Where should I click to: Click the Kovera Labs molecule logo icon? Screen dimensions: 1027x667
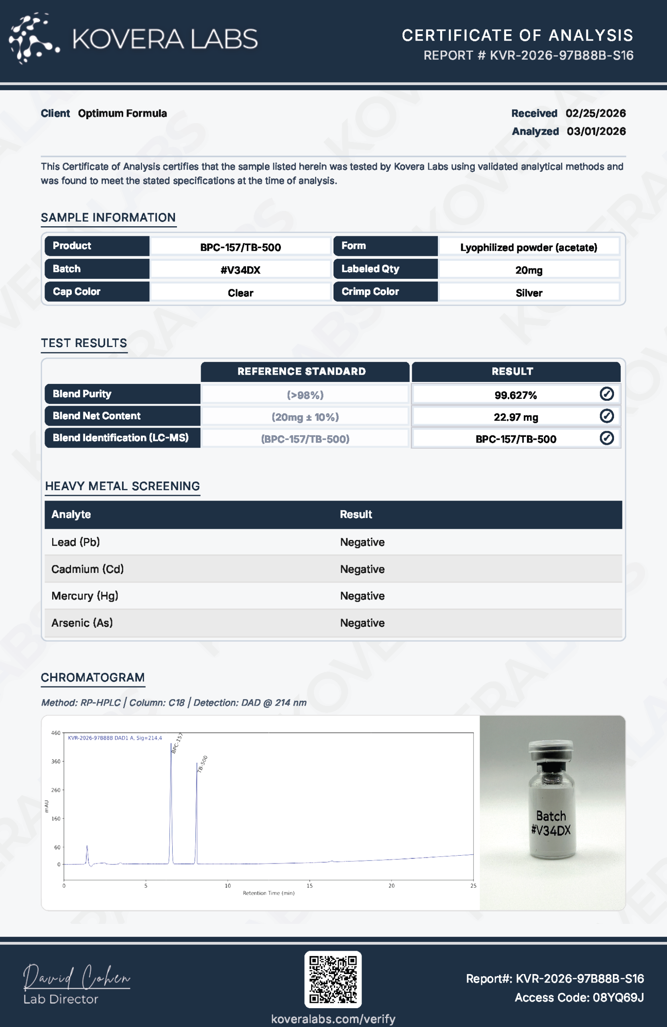coord(33,39)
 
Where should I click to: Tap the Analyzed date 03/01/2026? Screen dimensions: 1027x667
coord(596,132)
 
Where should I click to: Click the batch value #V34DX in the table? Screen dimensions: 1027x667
coord(240,270)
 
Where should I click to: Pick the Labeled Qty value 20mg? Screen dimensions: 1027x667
coord(529,270)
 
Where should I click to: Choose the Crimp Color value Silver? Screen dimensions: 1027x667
coord(529,293)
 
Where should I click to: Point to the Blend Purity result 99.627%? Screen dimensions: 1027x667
coord(515,395)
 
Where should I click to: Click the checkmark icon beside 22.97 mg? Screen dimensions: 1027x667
coord(606,416)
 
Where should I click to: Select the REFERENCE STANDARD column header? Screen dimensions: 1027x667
coord(301,371)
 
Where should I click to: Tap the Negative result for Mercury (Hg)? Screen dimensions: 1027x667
coord(362,596)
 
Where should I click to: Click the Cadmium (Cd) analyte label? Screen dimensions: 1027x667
coord(87,569)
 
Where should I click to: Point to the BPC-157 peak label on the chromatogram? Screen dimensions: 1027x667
coord(177,743)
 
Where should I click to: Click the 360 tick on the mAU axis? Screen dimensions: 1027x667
coord(56,761)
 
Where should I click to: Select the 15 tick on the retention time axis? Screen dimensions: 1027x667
coord(309,886)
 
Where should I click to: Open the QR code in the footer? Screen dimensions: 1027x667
coord(333,980)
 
